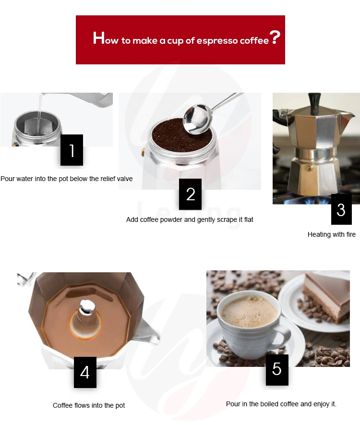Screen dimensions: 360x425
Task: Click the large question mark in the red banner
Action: [x=275, y=37]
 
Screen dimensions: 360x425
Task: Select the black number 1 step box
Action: [x=72, y=150]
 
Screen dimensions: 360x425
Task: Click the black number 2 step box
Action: [x=190, y=194]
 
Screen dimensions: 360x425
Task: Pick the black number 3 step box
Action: [x=341, y=209]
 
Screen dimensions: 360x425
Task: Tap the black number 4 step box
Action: [x=85, y=372]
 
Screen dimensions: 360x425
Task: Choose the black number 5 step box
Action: [x=277, y=370]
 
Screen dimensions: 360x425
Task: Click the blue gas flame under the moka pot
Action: [x=312, y=201]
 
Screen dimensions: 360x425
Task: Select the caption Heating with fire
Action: [x=332, y=234]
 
